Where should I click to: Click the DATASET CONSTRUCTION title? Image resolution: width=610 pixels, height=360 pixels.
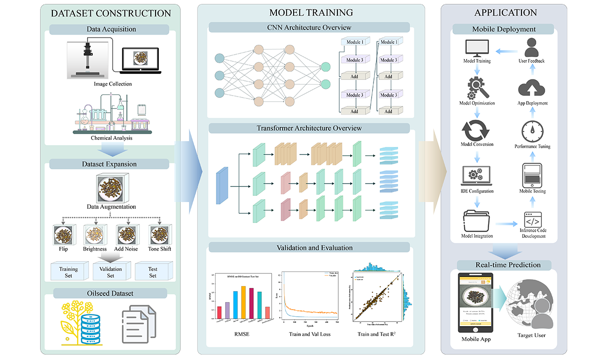(110, 13)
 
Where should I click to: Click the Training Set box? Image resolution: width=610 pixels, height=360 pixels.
(69, 272)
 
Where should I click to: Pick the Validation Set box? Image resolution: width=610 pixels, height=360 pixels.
(110, 272)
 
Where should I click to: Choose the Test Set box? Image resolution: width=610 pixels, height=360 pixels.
(152, 272)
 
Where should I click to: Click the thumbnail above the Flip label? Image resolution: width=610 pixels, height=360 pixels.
(63, 234)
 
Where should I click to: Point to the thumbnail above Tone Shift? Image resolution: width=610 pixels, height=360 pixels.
(159, 234)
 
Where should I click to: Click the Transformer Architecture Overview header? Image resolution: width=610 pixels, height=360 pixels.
(309, 128)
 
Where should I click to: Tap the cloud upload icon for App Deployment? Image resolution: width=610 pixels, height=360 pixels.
(532, 88)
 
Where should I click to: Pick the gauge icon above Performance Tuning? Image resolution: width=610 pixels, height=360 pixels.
(532, 130)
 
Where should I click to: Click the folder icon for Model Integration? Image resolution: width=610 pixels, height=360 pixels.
(477, 219)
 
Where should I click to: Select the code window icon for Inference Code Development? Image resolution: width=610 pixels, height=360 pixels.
(532, 220)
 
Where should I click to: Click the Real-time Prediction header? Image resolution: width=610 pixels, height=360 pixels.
(504, 264)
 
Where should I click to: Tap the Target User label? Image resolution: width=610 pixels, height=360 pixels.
(531, 335)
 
